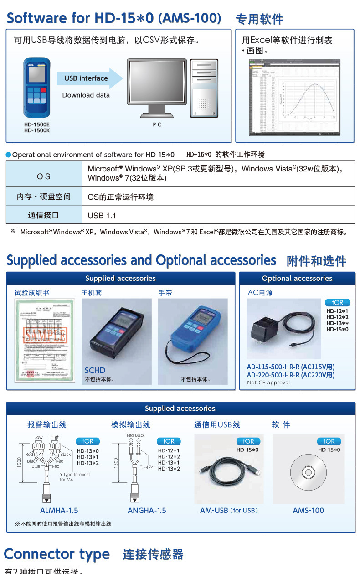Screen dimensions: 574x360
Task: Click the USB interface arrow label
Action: pos(86,78)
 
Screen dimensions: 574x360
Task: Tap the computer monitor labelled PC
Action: pos(157,87)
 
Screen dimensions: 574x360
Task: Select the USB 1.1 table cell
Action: pos(102,215)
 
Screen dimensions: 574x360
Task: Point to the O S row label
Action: pos(44,176)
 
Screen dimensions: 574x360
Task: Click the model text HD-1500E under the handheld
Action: pos(37,124)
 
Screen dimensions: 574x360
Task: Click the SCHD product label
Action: pos(95,370)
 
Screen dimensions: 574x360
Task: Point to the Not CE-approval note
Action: pos(268,383)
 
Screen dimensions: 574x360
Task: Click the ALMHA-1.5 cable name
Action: pos(59,510)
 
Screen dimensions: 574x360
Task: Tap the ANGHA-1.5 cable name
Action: pos(147,510)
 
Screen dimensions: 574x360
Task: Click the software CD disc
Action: pos(308,472)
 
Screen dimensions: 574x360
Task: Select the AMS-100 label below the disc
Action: pos(308,510)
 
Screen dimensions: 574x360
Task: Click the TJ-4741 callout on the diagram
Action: pos(148,467)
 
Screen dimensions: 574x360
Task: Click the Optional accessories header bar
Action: pos(297,279)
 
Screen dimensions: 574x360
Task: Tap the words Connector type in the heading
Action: pos(57,554)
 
